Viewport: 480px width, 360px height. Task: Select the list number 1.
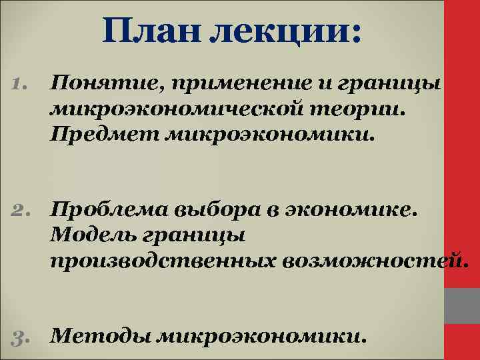[x=20, y=83]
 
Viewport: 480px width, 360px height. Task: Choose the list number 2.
[x=21, y=211]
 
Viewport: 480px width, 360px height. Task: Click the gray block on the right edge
[x=462, y=306]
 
